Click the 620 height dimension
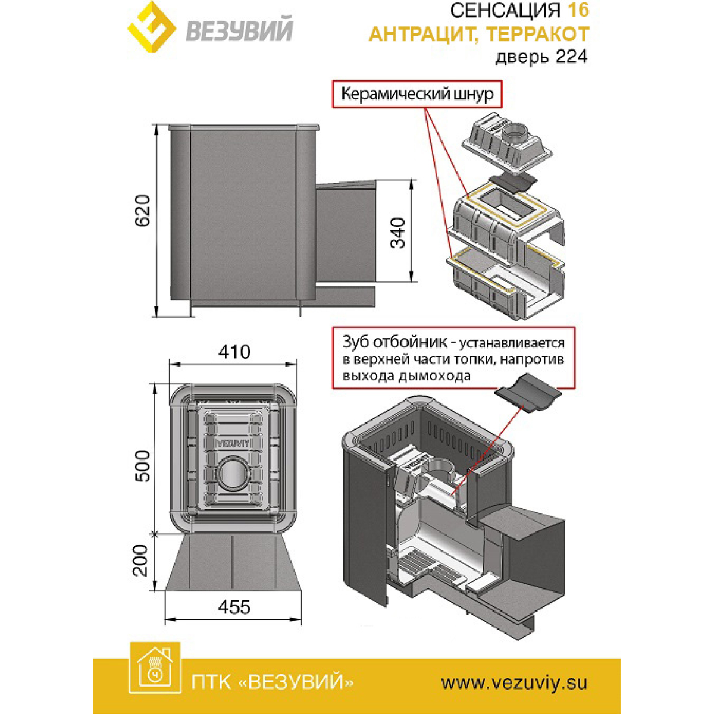[143, 211]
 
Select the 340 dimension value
[399, 232]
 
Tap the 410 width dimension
[234, 352]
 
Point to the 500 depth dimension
[143, 466]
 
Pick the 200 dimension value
[140, 560]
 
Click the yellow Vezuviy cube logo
[152, 27]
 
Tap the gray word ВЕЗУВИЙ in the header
[239, 30]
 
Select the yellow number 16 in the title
[578, 10]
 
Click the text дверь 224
[541, 57]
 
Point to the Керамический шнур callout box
[417, 94]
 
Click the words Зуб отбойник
[394, 342]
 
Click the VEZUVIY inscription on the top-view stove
[233, 443]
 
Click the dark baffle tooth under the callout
[528, 397]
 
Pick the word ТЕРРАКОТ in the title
[538, 34]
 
